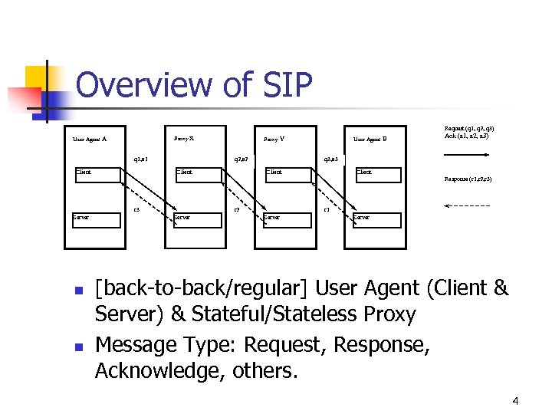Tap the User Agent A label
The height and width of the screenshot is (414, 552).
click(89, 140)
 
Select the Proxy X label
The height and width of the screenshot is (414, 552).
click(184, 139)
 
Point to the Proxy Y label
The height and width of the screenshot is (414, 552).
click(274, 140)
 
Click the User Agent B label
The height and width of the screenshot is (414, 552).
click(370, 140)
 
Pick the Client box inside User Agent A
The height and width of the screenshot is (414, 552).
click(97, 174)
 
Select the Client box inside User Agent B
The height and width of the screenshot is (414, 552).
click(377, 174)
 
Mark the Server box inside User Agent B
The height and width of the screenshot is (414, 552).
click(376, 219)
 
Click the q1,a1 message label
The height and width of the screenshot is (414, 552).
click(141, 160)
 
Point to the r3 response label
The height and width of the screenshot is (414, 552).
click(136, 209)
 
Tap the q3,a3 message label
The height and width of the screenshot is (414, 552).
click(331, 160)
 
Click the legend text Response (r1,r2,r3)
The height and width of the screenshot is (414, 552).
click(468, 179)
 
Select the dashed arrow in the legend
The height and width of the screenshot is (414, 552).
click(467, 206)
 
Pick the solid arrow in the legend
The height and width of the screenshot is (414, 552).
click(467, 153)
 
